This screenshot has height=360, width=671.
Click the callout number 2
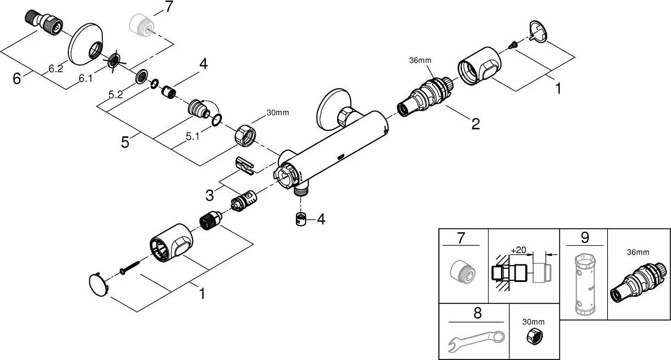(476, 124)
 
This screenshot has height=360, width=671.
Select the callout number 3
(209, 195)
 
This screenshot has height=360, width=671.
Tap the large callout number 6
(17, 79)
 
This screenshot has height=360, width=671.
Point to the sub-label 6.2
(55, 68)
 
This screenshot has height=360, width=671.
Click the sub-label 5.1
(193, 137)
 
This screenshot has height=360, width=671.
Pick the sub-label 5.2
(116, 94)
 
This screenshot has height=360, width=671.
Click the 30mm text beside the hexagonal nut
(278, 112)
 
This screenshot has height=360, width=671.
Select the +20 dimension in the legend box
(518, 250)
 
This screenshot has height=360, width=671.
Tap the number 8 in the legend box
(477, 313)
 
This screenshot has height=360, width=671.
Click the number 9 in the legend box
(585, 237)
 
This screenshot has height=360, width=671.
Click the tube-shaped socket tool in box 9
(583, 283)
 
